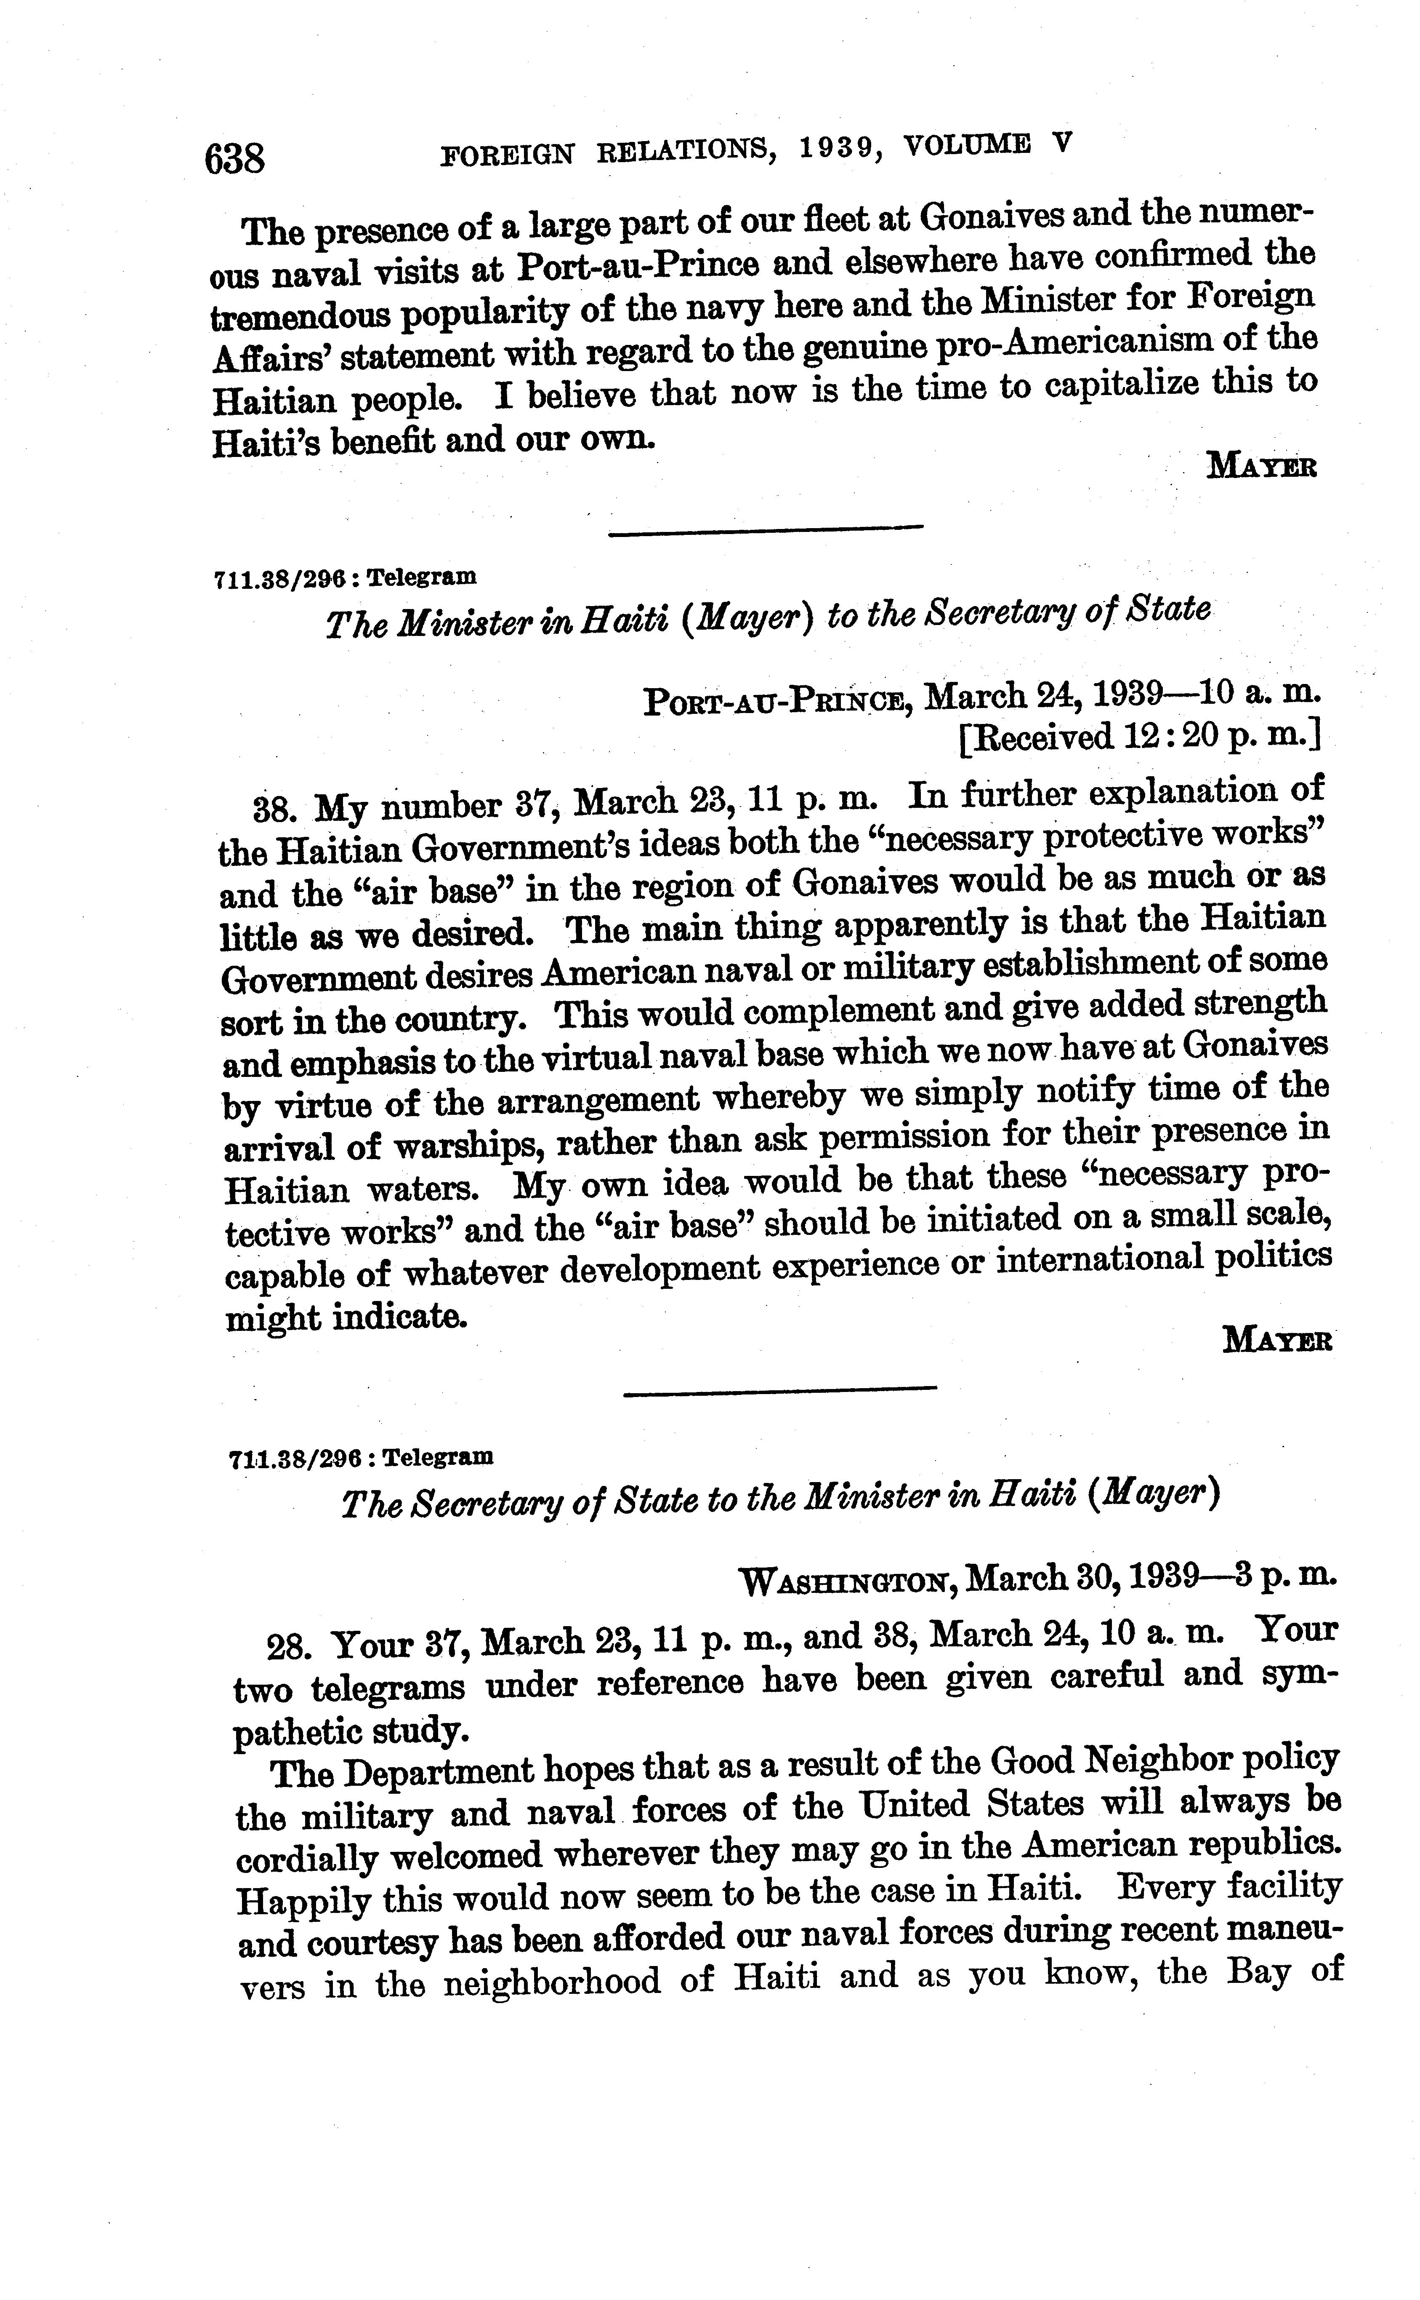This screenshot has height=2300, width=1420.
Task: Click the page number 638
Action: pyautogui.click(x=235, y=159)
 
